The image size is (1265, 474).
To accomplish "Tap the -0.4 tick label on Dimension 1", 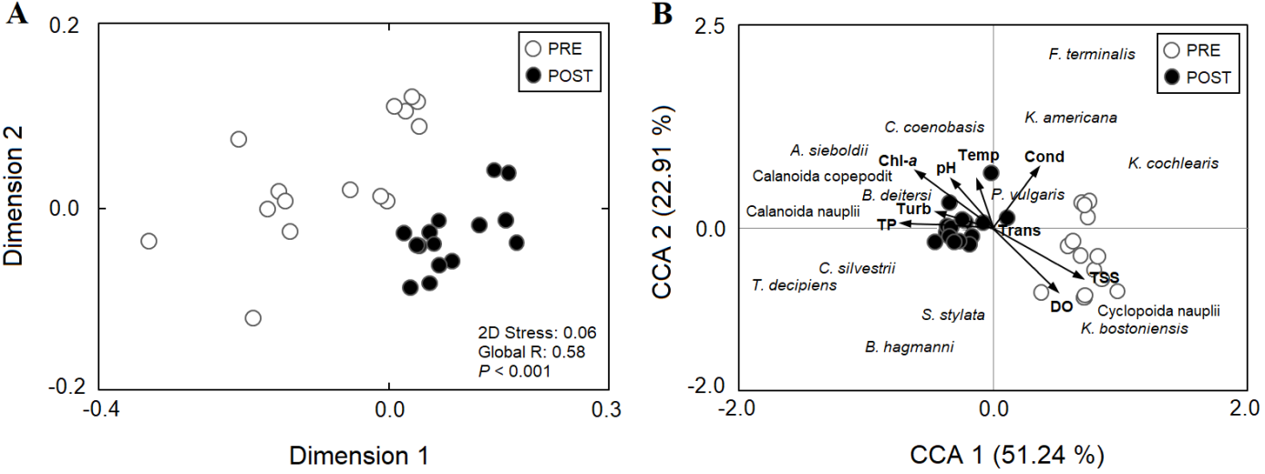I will click(x=100, y=407).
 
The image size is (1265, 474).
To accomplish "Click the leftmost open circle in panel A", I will click(x=149, y=242).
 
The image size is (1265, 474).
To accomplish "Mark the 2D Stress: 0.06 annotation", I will click(x=537, y=332).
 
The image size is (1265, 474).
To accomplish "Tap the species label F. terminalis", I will click(x=1092, y=54).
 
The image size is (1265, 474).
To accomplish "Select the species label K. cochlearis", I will click(x=1173, y=164).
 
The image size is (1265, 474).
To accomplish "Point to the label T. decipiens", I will click(x=795, y=285).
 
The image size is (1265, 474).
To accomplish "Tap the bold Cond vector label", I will click(x=1044, y=157).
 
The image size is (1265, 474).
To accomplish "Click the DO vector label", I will click(x=1061, y=307).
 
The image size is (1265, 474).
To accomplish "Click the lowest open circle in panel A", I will click(x=253, y=318).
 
